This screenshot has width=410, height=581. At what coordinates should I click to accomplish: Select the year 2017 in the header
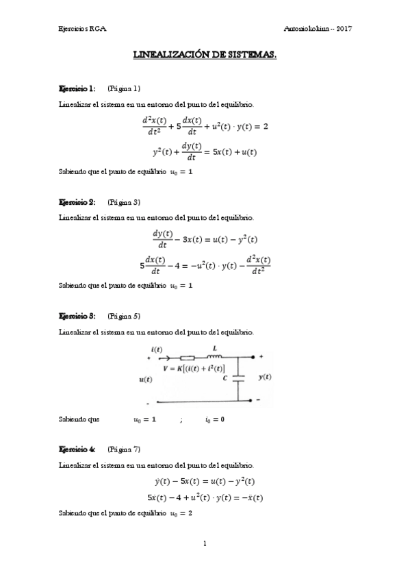tap(342, 28)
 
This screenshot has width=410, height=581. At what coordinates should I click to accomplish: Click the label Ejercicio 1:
tap(77, 88)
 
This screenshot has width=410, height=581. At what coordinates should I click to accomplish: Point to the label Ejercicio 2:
tap(77, 202)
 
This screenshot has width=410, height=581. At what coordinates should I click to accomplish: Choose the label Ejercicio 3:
tap(77, 316)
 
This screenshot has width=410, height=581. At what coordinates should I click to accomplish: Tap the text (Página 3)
tap(124, 202)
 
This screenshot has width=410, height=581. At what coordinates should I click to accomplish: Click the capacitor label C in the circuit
tap(225, 376)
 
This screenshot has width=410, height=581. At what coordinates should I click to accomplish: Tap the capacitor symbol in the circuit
tap(238, 377)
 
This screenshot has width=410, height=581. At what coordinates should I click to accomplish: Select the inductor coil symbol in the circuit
tap(214, 356)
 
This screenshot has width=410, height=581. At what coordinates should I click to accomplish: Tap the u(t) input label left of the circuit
tap(146, 379)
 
